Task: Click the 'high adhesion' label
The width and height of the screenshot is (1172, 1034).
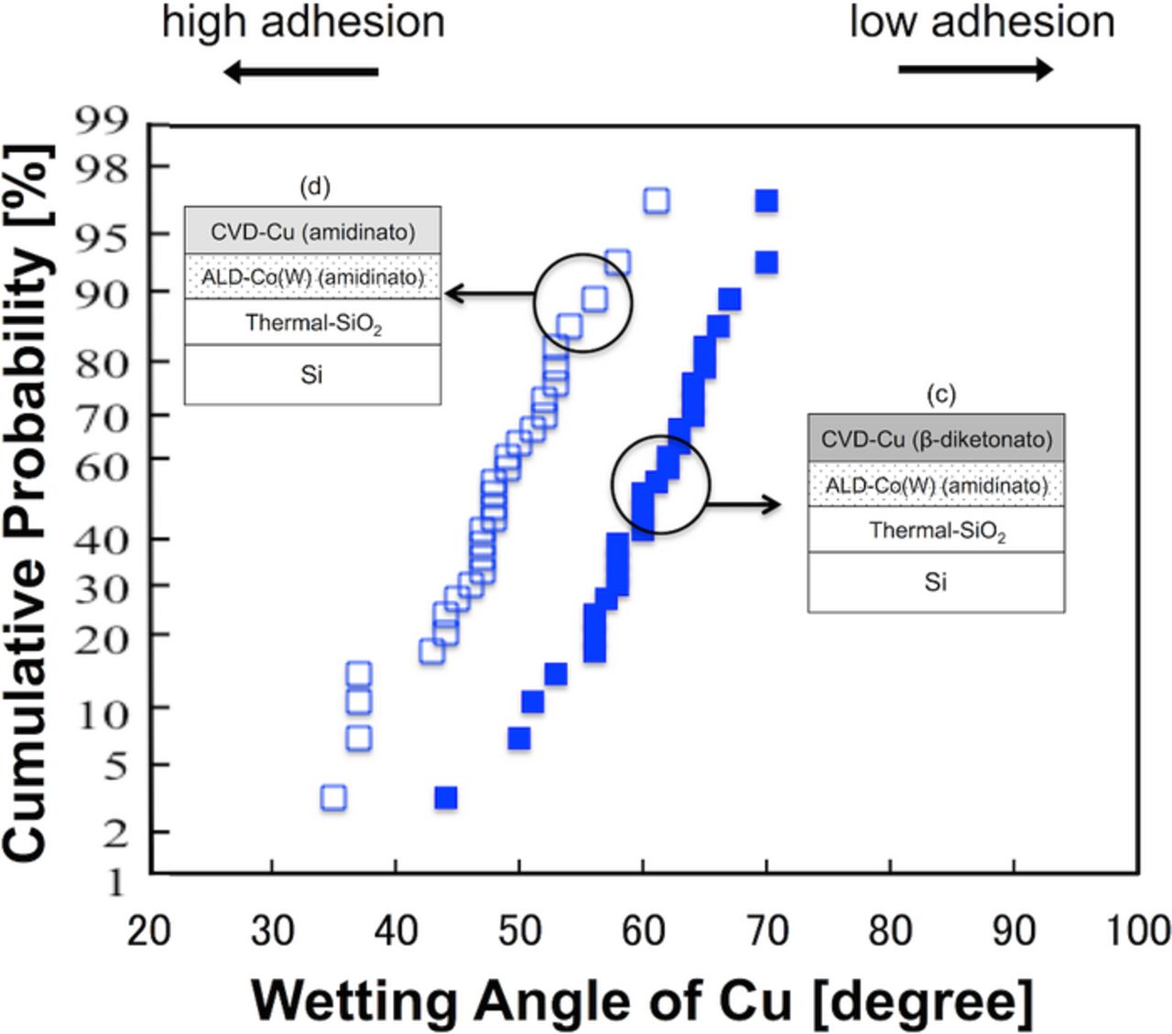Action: (x=303, y=22)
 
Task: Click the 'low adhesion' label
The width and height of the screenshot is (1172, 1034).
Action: (x=982, y=22)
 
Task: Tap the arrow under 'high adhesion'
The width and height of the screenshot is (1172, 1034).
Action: (x=301, y=71)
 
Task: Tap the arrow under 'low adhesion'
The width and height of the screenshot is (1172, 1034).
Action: (x=975, y=70)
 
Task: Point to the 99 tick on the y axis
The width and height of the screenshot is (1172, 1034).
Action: (x=103, y=120)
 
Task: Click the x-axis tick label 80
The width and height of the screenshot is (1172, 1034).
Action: (x=890, y=931)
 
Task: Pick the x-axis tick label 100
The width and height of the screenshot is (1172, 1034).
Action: (x=1138, y=931)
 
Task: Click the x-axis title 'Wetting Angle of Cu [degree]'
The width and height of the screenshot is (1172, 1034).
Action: (x=643, y=1000)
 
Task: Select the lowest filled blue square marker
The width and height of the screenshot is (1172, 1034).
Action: (x=446, y=798)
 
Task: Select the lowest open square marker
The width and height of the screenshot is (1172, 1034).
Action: (x=334, y=798)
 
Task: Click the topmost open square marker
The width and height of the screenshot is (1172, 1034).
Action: (x=657, y=200)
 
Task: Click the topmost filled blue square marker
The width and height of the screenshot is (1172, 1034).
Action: (x=766, y=200)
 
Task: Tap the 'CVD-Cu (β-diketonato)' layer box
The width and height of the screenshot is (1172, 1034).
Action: (x=936, y=439)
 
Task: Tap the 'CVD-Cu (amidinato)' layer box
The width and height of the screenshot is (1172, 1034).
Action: (x=312, y=232)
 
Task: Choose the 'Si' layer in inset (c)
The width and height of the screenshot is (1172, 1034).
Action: (x=936, y=582)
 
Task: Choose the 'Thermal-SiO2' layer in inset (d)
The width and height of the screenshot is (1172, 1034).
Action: (x=312, y=323)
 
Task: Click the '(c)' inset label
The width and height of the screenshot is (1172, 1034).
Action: (x=940, y=394)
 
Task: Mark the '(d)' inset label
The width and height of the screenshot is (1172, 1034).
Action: (x=315, y=187)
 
